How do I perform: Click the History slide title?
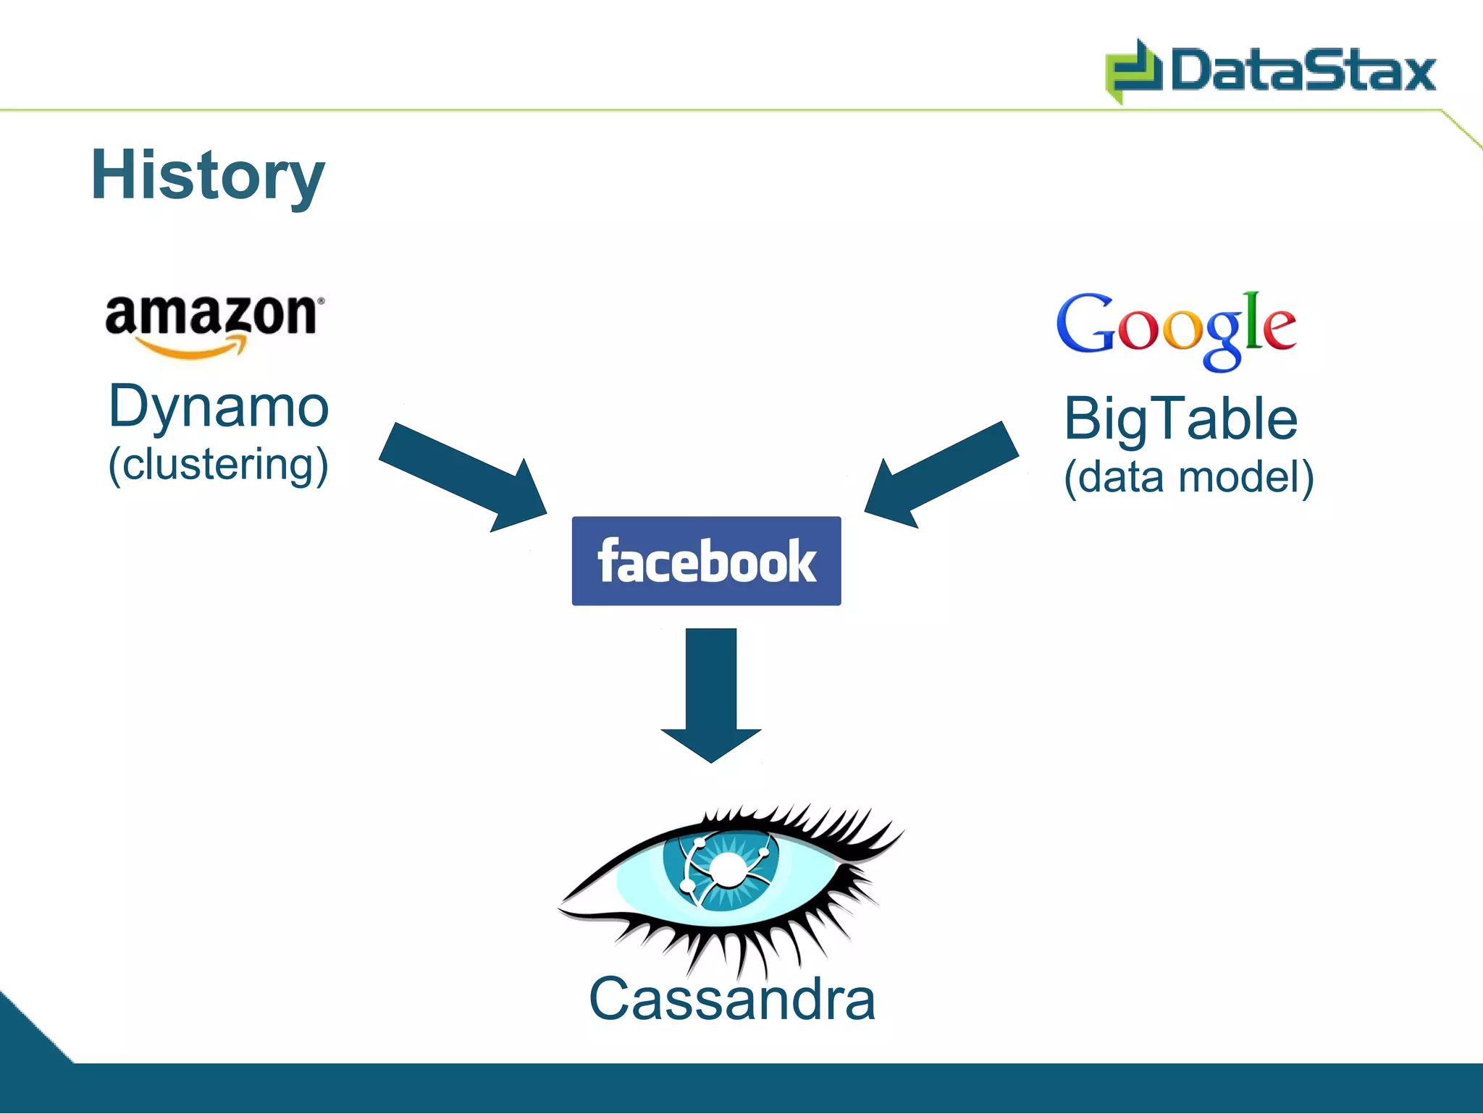click(208, 176)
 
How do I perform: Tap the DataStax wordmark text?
click(1303, 71)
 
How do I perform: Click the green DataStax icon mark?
click(1133, 71)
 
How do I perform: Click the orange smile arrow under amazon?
click(196, 350)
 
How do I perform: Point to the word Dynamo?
click(219, 408)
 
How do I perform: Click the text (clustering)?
click(219, 465)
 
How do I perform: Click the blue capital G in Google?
click(1085, 325)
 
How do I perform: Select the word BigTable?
click(1180, 420)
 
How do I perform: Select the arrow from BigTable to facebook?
click(941, 474)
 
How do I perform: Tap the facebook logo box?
click(706, 561)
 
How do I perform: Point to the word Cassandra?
click(732, 1000)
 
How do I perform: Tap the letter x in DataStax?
click(1416, 72)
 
